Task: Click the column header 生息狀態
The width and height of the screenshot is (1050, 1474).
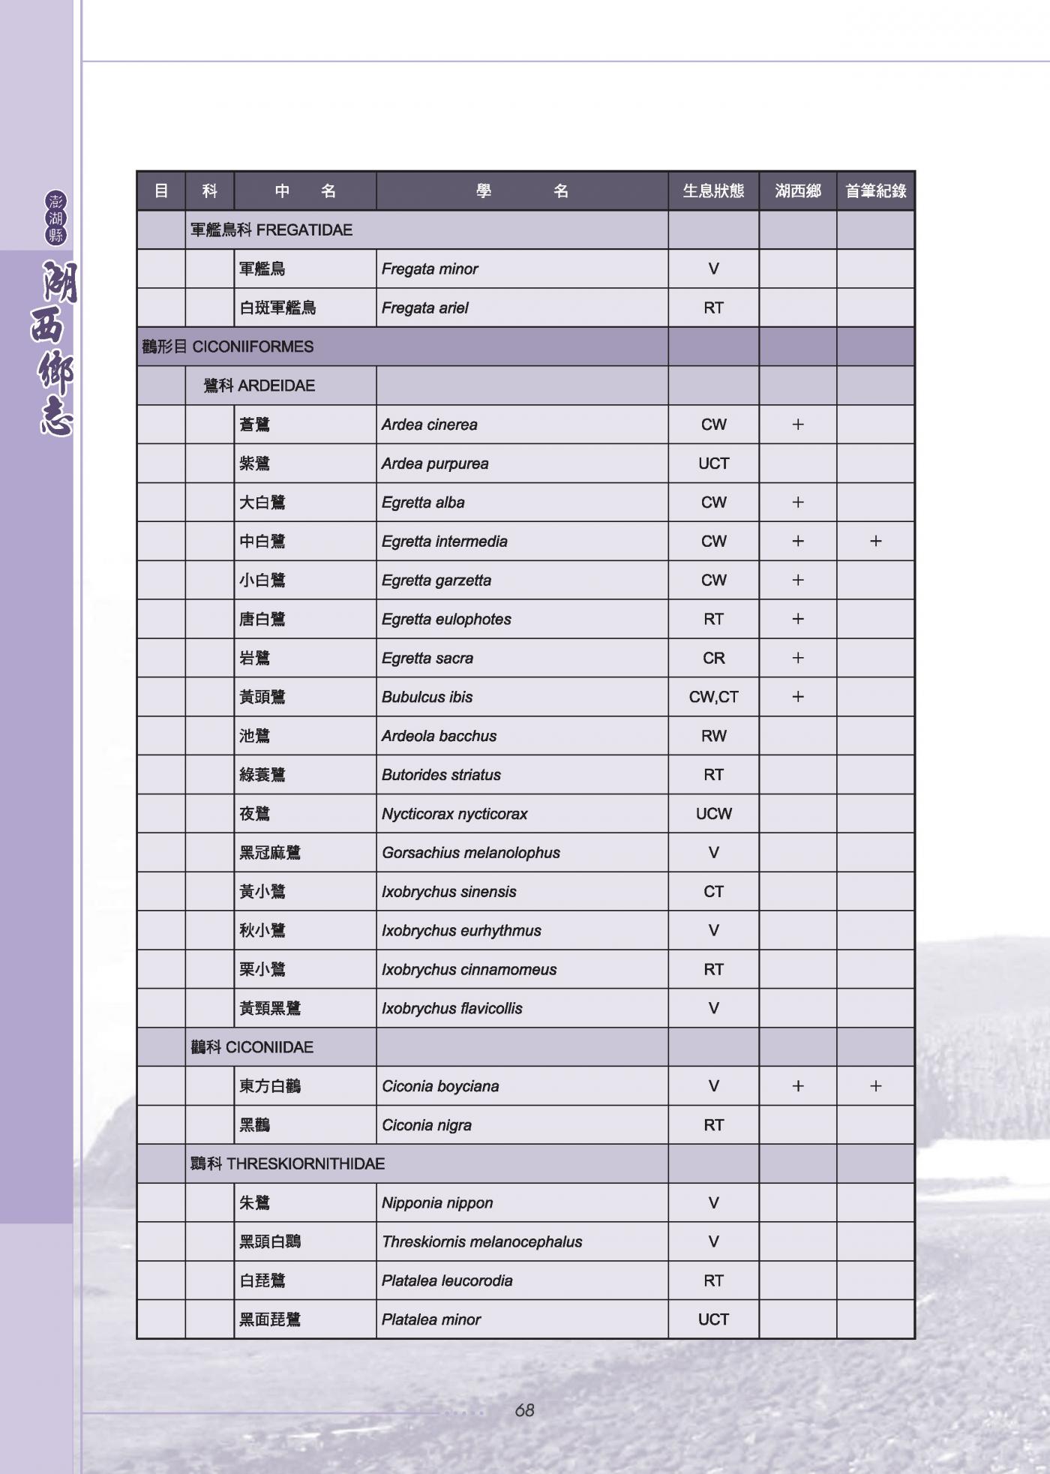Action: (713, 191)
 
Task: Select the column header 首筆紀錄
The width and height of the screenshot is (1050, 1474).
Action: (875, 191)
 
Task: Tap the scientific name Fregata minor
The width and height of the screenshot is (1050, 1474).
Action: (430, 269)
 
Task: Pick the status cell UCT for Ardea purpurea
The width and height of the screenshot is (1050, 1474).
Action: (713, 464)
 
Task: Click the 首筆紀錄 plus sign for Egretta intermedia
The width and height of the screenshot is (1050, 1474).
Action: (875, 542)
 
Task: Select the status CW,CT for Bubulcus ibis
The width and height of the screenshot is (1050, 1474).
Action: (713, 698)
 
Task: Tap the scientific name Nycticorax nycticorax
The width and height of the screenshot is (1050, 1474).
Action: (454, 814)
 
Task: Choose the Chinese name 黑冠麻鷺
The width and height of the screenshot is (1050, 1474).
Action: (270, 853)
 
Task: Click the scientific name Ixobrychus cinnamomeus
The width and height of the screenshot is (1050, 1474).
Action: (469, 970)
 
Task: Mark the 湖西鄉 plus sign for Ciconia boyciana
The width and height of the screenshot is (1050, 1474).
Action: (798, 1086)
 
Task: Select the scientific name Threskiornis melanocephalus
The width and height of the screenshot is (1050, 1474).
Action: (481, 1242)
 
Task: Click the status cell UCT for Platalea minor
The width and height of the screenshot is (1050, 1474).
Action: (713, 1319)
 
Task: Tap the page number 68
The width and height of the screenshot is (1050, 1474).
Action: (524, 1411)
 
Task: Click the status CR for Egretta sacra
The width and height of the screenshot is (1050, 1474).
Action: (713, 659)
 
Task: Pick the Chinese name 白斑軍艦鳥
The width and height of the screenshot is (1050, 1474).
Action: (277, 308)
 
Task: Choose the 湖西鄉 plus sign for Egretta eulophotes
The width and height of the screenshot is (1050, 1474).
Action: (798, 620)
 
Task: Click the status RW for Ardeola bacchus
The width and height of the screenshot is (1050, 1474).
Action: (713, 737)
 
